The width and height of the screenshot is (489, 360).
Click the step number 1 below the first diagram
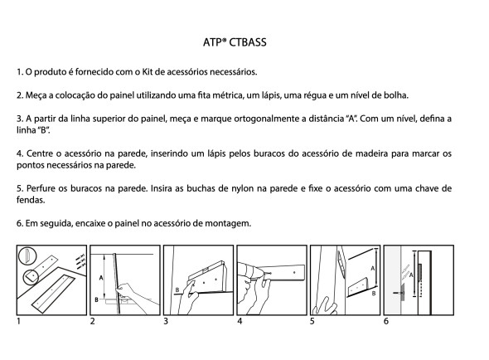click(x=18, y=319)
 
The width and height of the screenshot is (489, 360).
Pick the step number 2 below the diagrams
click(x=92, y=319)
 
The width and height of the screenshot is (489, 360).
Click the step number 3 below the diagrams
click(x=166, y=319)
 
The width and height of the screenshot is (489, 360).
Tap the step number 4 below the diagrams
click(x=239, y=319)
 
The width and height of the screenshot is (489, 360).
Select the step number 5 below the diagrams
click(x=312, y=319)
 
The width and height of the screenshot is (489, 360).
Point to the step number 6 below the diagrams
click(x=385, y=319)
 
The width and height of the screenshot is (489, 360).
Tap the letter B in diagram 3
click(x=177, y=289)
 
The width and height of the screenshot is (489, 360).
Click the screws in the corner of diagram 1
click(x=76, y=259)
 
